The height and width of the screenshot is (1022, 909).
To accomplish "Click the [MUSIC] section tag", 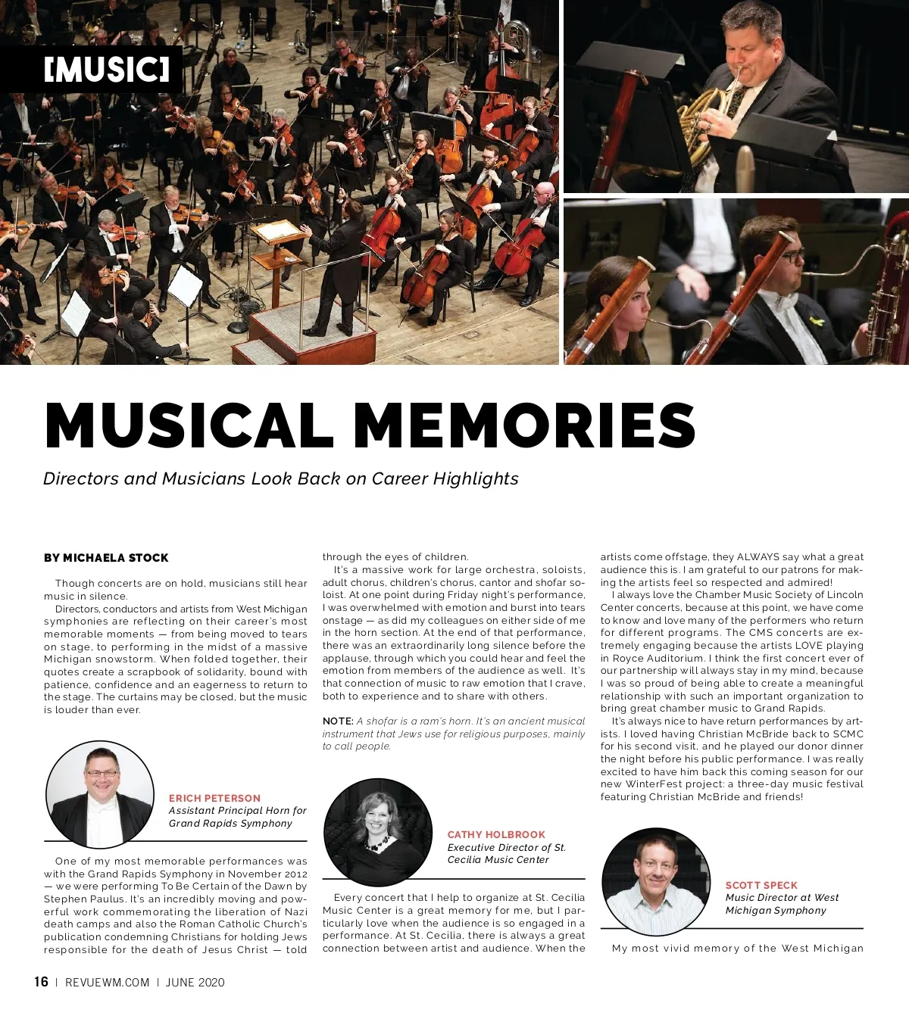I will pos(107,70).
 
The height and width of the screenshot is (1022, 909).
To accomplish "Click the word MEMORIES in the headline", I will pos(524,425).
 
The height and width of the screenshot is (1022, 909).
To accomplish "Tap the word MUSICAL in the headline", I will pos(189,425).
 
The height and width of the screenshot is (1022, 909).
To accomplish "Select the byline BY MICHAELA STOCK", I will pos(106,558).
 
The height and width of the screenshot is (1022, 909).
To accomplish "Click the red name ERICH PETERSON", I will pos(214,798).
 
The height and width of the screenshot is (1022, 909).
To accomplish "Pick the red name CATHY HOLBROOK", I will pos(496,834).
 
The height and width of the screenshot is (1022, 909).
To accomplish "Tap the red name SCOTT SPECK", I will pos(761,885).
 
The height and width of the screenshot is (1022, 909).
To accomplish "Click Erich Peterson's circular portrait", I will pos(99,795).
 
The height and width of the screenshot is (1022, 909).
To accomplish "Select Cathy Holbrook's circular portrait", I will pos(378,832).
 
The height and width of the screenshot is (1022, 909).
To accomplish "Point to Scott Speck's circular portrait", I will pos(656,882).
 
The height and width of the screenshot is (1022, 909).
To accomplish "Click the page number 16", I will pos(41,982).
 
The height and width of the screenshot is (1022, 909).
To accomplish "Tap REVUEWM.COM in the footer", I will pos(107,983).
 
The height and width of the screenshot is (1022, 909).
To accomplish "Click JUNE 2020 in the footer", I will pos(195,983).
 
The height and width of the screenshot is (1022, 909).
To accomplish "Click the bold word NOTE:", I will pos(338,721).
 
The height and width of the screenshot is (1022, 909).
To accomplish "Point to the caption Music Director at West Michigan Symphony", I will pos(782,904).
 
